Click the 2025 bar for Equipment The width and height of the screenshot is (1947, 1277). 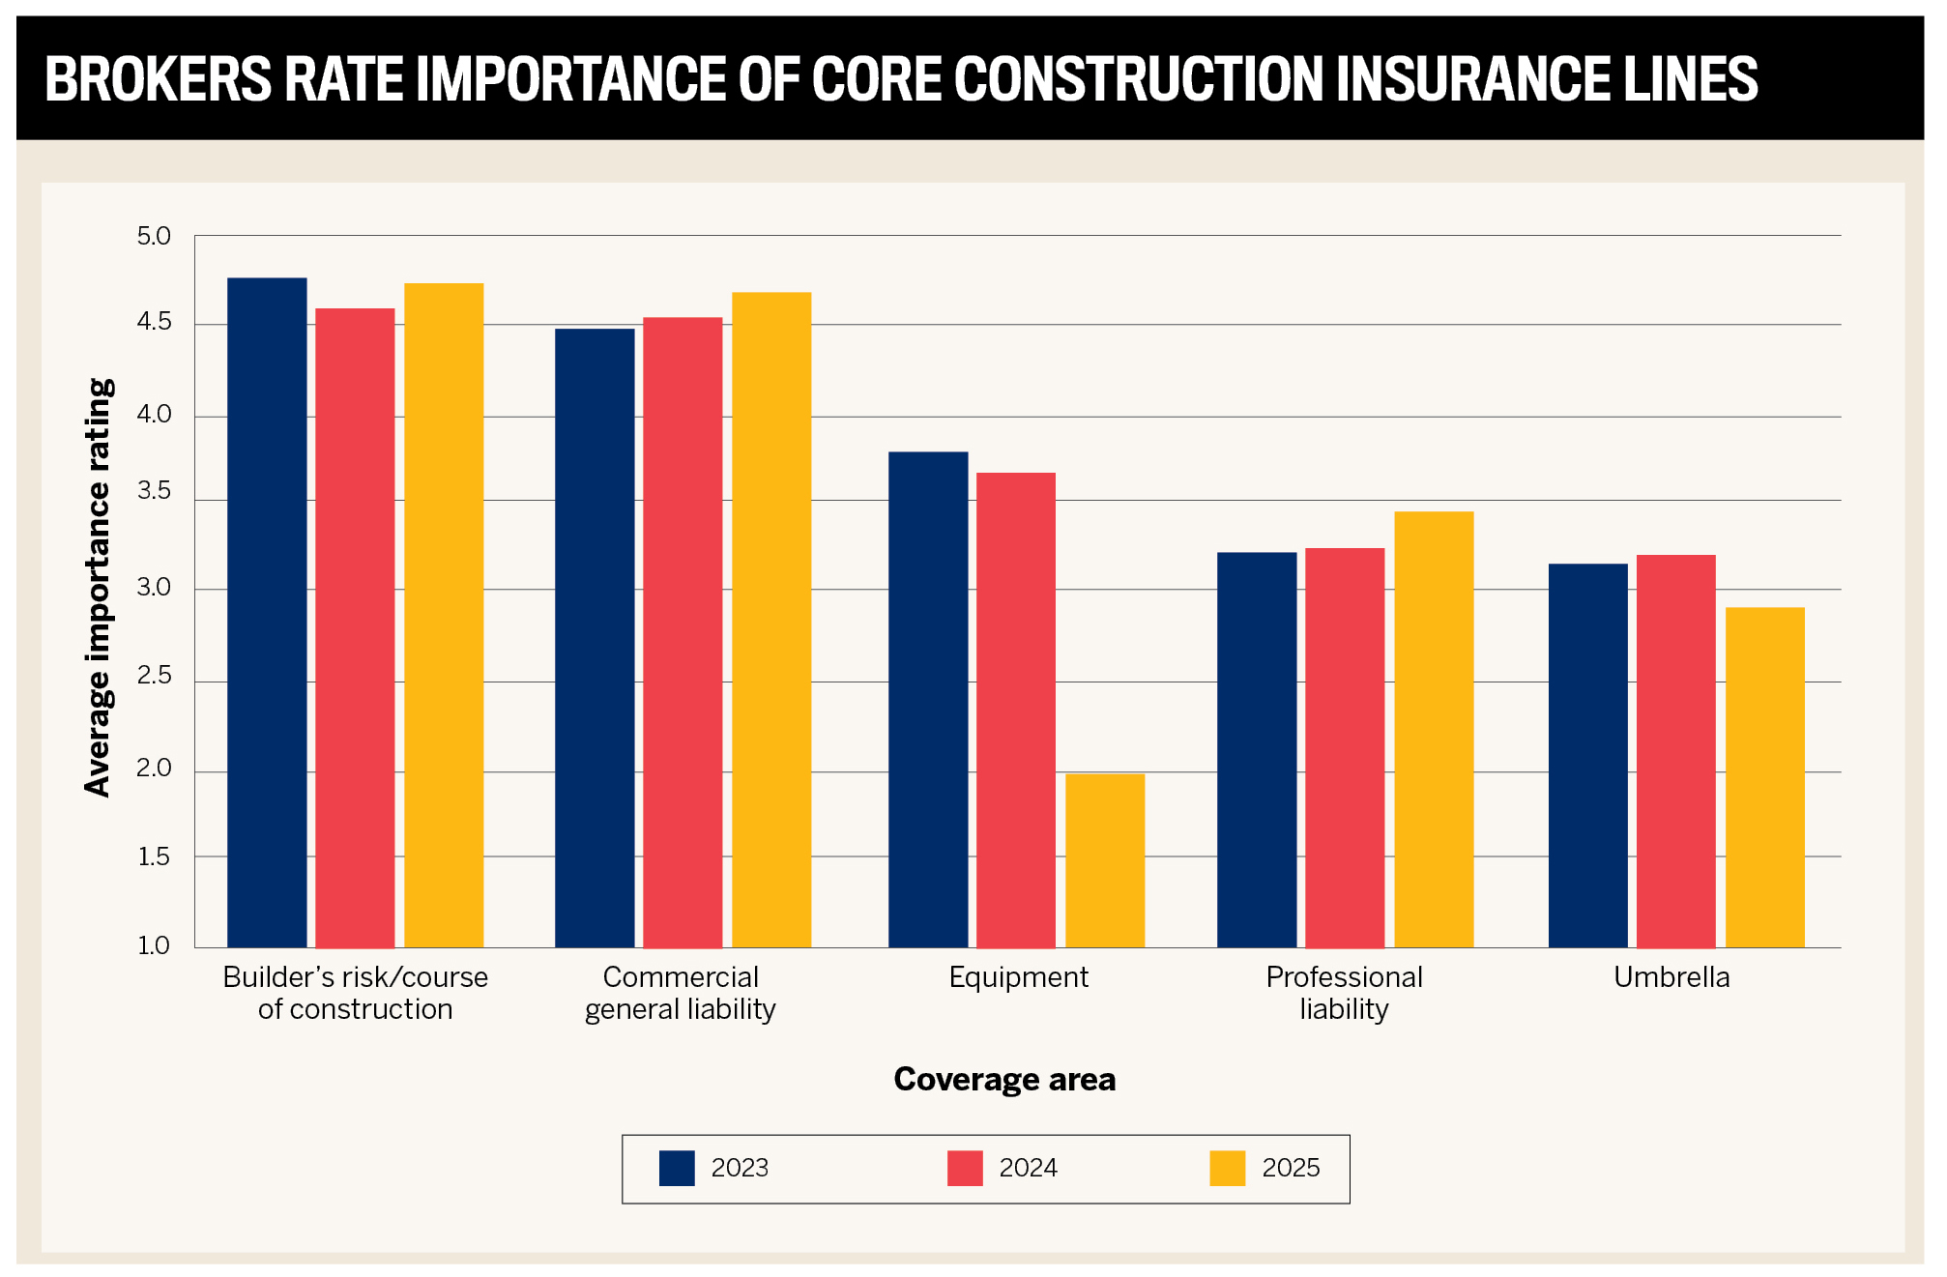[x=1105, y=860]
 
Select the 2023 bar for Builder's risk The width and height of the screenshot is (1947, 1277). [x=267, y=612]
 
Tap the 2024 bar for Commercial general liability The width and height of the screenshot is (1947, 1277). [x=683, y=632]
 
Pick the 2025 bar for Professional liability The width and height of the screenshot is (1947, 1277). [x=1434, y=729]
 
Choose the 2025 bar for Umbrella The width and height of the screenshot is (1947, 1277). [x=1765, y=777]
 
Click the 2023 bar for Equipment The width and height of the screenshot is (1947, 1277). [x=928, y=699]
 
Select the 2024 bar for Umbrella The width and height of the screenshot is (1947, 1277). [x=1676, y=751]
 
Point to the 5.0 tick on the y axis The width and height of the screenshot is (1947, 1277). [x=154, y=236]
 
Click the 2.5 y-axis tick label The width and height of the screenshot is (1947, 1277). [x=154, y=675]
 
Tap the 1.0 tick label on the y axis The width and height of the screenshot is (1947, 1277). [x=154, y=945]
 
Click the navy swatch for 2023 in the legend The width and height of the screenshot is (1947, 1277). [x=677, y=1168]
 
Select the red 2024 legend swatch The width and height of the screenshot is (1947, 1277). [x=965, y=1168]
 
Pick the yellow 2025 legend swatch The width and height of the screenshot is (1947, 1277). [x=1228, y=1168]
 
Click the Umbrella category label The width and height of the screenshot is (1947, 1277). [x=1671, y=977]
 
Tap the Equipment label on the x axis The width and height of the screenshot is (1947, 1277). [x=1018, y=978]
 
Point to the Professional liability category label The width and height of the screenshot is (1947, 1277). [x=1344, y=993]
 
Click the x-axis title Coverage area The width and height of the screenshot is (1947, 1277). [x=1004, y=1079]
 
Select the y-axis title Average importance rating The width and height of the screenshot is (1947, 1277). [x=99, y=588]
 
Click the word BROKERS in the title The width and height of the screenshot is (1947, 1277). [x=159, y=79]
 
